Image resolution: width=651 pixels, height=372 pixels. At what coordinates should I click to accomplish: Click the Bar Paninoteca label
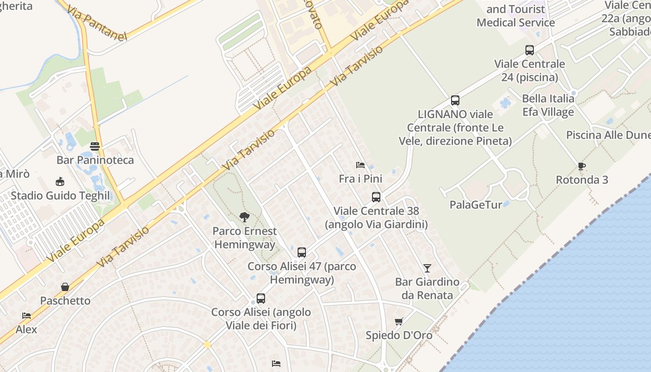pos(95,160)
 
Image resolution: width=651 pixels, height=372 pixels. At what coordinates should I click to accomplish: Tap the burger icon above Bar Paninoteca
pos(95,146)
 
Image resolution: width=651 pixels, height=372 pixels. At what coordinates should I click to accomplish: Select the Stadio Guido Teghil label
pos(60,196)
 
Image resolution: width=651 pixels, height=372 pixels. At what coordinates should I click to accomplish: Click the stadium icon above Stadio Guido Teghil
pos(60,181)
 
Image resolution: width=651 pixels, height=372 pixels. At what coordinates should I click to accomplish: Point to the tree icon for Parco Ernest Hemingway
pos(244,217)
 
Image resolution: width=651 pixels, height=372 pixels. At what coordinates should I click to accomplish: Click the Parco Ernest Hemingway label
pos(245,238)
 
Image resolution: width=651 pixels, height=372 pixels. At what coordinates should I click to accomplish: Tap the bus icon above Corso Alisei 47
pos(302,252)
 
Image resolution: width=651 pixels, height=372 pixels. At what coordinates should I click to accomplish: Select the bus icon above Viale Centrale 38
pos(376,197)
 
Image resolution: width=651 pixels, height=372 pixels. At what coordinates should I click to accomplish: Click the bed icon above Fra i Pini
pos(360,165)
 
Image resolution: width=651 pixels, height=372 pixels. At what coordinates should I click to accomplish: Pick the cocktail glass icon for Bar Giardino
pos(427,268)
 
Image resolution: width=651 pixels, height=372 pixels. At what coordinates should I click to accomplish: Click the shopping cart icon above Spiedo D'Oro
pos(399,321)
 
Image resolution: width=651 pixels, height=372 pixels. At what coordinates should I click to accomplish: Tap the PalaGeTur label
pos(476,205)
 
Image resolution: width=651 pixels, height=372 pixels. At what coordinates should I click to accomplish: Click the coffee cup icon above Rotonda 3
pos(581,166)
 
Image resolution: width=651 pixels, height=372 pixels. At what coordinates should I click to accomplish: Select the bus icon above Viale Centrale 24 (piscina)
pos(529,50)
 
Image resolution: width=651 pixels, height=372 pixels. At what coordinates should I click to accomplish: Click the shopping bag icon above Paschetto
pos(65,287)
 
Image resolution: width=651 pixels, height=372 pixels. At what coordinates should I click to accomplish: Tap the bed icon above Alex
pos(27,316)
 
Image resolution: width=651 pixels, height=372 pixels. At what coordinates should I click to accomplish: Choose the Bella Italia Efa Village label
pos(548,105)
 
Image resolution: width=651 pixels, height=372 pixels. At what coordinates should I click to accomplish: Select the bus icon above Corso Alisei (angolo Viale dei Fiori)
pos(261,299)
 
